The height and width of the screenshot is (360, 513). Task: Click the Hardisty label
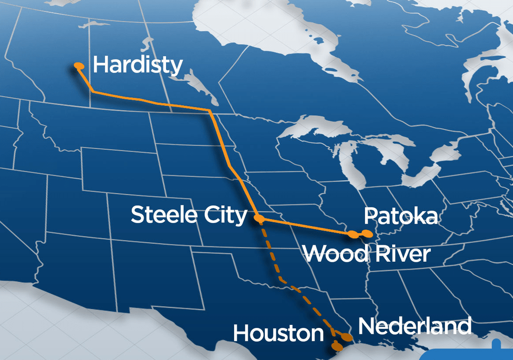(x=137, y=65)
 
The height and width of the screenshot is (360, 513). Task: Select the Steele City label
(x=189, y=215)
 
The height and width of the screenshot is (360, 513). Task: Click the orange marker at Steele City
(x=259, y=218)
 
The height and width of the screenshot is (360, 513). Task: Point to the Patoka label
(x=400, y=216)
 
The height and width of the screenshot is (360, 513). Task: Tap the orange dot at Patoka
(x=369, y=233)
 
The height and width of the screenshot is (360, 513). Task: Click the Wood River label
(x=367, y=254)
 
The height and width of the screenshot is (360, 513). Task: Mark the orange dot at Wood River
(x=354, y=234)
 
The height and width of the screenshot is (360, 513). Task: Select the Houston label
(x=278, y=333)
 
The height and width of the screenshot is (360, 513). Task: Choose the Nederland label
(x=415, y=326)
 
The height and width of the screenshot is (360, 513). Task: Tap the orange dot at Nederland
(x=347, y=336)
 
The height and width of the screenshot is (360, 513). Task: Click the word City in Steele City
(x=226, y=215)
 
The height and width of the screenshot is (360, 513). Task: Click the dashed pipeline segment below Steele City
(x=271, y=251)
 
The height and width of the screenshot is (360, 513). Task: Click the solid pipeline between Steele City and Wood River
(x=306, y=226)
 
